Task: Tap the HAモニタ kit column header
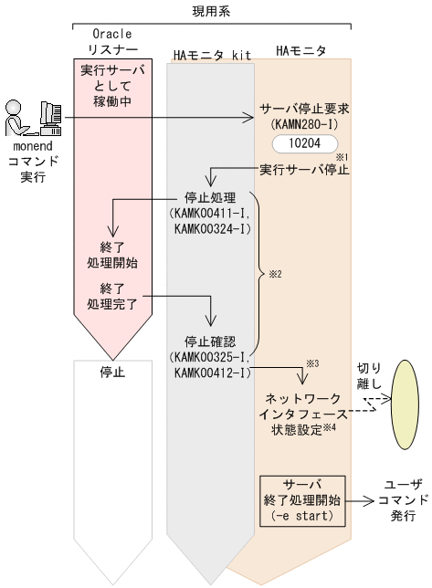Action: [211, 54]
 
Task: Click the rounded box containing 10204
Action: [304, 143]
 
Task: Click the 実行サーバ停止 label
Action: [304, 170]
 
